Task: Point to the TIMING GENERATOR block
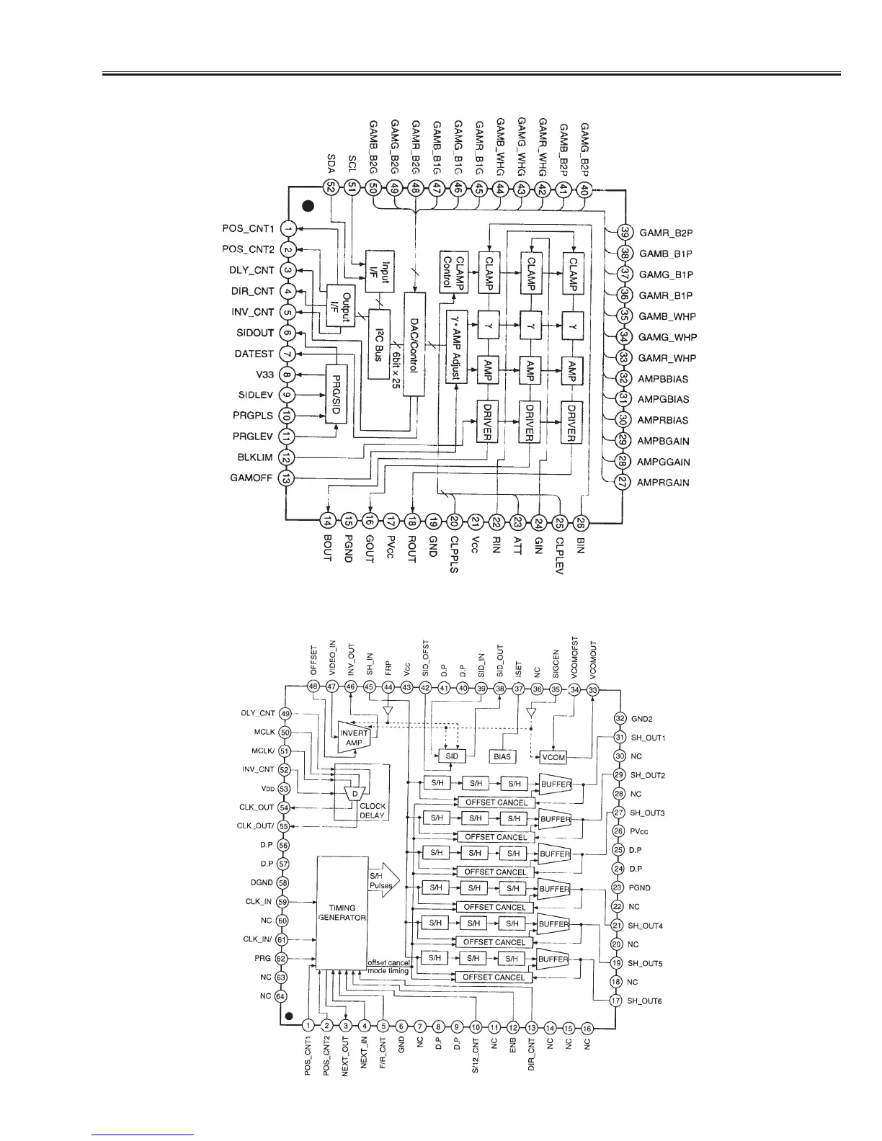click(342, 913)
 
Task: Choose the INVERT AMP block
click(355, 737)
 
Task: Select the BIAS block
click(502, 757)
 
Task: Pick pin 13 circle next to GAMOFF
click(287, 478)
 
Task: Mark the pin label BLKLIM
click(254, 457)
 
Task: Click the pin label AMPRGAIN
click(663, 483)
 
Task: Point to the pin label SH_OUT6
click(644, 1001)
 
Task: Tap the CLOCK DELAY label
click(373, 810)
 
